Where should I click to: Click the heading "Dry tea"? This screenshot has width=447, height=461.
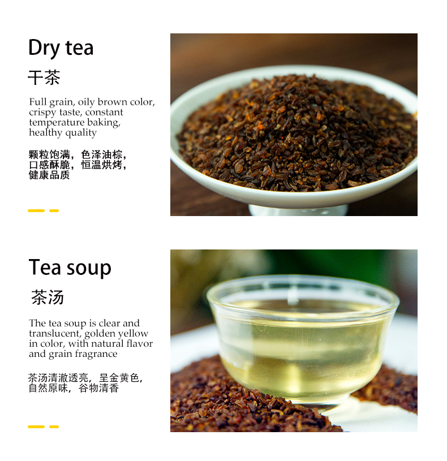[61, 48]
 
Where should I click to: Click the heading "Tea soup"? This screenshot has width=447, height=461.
[70, 268]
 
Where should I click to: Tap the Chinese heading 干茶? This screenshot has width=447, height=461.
[44, 77]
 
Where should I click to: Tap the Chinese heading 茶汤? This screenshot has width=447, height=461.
[48, 298]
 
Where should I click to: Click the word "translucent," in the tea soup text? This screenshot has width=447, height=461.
[55, 334]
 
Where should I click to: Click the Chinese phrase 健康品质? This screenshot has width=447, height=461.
[49, 175]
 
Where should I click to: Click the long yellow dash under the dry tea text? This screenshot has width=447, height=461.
[36, 210]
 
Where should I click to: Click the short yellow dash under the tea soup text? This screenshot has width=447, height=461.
[54, 426]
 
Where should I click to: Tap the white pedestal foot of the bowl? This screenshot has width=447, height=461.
[298, 210]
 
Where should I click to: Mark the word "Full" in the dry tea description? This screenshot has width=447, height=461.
[37, 102]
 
